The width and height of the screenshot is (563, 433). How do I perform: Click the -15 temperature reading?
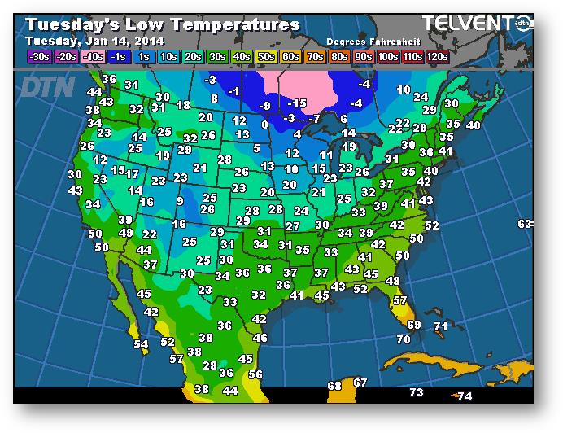[299, 103]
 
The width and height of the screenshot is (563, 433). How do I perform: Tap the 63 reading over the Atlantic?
[525, 224]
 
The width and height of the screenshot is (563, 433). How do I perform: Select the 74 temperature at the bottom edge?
[464, 396]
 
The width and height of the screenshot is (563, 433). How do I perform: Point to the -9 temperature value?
[264, 106]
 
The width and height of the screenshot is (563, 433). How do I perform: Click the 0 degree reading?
[264, 125]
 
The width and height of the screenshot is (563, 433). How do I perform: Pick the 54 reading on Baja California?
[141, 344]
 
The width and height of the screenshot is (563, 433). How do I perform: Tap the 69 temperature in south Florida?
[413, 325]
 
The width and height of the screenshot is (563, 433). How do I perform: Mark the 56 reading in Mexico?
[255, 374]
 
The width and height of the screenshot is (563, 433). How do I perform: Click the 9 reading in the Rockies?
[180, 201]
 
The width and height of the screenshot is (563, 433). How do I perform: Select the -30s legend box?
[39, 57]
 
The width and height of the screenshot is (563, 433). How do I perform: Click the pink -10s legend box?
[94, 57]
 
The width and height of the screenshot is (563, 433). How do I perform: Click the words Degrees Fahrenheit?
[368, 41]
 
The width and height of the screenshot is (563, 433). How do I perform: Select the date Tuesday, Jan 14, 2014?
[94, 41]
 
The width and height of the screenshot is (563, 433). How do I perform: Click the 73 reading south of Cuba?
[417, 392]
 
